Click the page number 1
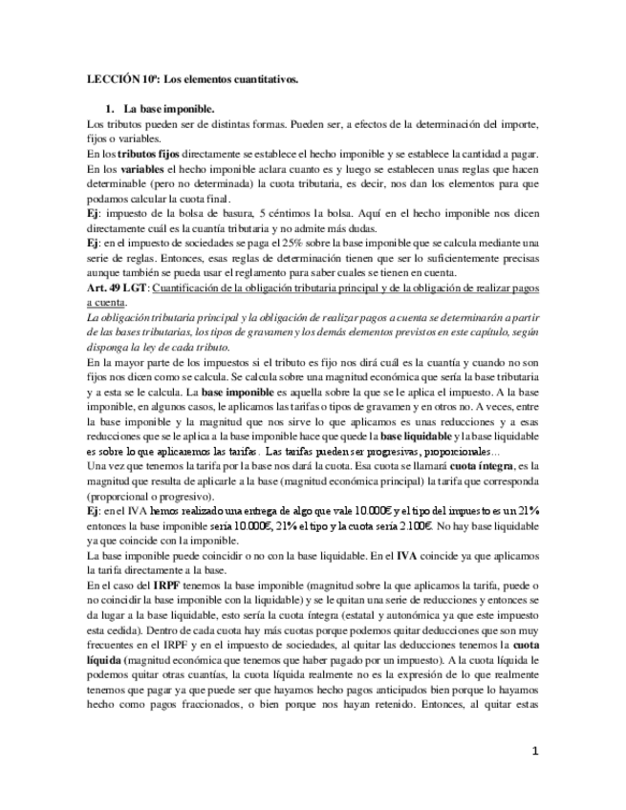click(537, 753)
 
